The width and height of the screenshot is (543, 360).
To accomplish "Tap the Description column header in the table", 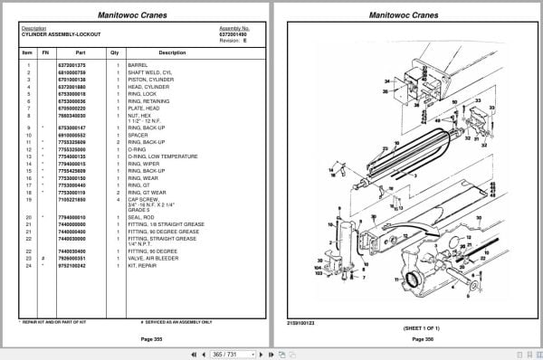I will click(172, 52).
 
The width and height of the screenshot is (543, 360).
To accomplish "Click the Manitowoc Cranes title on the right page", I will click(405, 14).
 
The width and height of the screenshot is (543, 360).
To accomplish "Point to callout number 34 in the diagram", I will click(386, 81).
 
